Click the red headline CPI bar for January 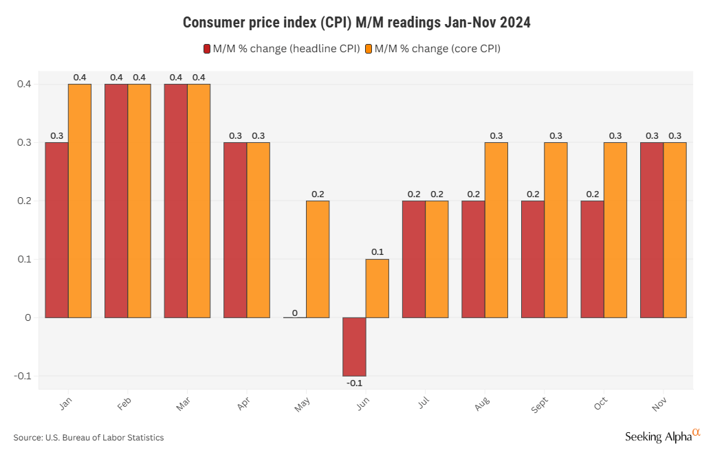[56, 229]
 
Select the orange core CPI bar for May [318, 259]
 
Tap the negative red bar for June [354, 346]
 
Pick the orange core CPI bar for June [377, 288]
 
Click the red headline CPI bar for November [652, 229]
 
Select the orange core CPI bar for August [496, 229]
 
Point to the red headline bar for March [175, 201]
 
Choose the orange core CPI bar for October [615, 229]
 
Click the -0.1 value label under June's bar [355, 383]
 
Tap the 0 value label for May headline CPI [295, 313]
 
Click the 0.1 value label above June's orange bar [377, 252]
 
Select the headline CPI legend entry [281, 49]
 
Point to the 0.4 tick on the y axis [24, 84]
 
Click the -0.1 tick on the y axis [23, 376]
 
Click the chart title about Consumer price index [356, 23]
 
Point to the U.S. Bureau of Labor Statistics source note [89, 438]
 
